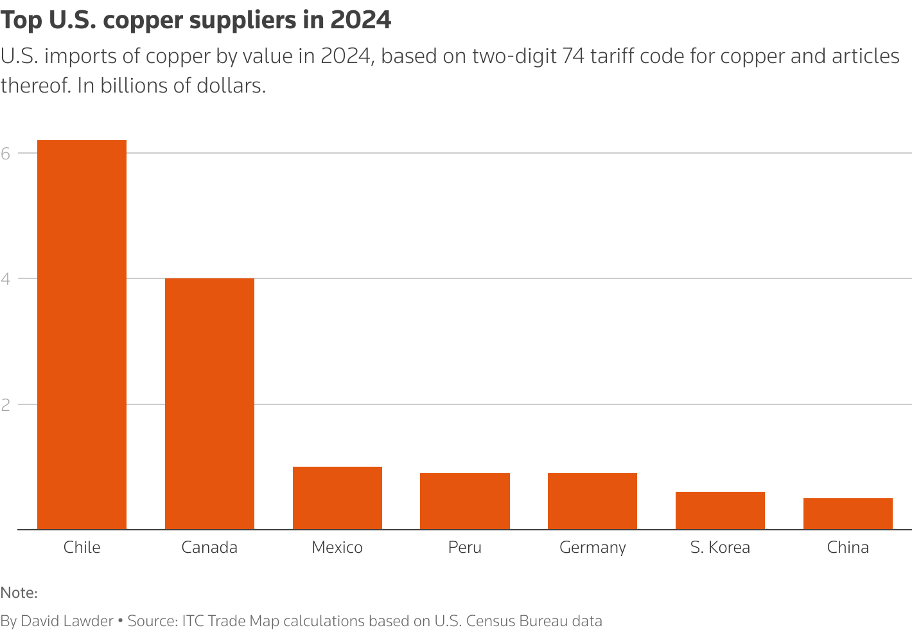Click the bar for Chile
coord(82,334)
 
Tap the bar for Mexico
coord(337,498)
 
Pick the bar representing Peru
coord(465,501)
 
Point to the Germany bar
coord(592,501)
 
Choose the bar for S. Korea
coord(720,510)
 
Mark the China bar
coord(848,514)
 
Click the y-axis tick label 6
coord(6,153)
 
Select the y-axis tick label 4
coord(6,278)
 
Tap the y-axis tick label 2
coord(6,404)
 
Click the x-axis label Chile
coord(82,547)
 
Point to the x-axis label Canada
coord(209,547)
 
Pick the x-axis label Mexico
coord(337,547)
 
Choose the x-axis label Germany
coord(592,548)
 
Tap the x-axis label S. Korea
coord(720,547)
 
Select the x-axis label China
coord(848,547)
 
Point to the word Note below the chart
coord(19,593)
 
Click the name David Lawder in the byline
coord(67,621)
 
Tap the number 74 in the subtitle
coord(573,57)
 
